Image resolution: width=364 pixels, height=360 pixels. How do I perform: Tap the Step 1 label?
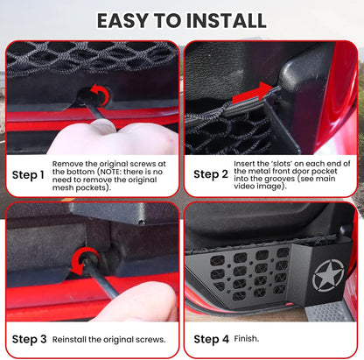[x=28, y=173]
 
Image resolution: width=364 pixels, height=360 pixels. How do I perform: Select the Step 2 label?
[x=210, y=173]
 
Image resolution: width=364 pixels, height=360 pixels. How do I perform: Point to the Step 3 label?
[x=28, y=338]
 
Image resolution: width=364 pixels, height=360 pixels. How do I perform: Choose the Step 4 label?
[x=210, y=338]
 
